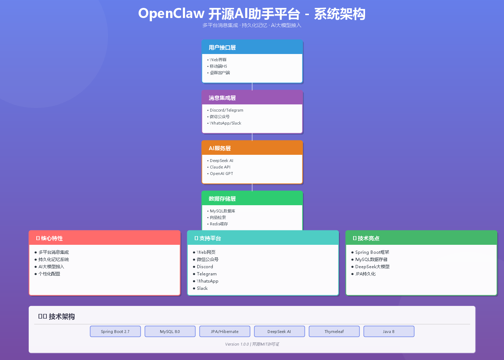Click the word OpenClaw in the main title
pos(171,14)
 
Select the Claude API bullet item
pos(220,167)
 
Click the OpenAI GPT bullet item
pos(221,174)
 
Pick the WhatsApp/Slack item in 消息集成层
pos(225,123)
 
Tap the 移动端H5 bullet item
pos(218,66)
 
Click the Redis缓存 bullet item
pos(219,224)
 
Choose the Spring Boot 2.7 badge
pos(115,332)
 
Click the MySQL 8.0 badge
pos(170,332)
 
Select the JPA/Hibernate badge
pos(225,332)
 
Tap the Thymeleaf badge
pos(334,332)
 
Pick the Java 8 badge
pos(389,332)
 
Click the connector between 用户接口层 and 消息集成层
pos(252,87)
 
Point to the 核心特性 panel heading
pos(51,238)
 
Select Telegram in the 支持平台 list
pos(207,274)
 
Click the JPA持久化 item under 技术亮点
pos(365,274)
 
